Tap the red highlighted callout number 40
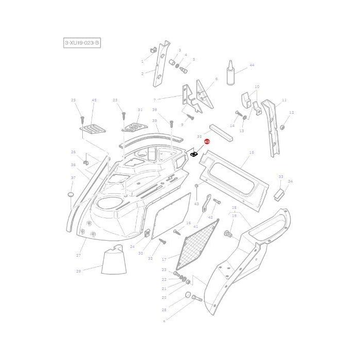point(207,141)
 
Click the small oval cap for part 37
point(71,196)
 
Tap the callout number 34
point(290,182)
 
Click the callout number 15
point(251,153)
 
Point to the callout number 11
point(284,100)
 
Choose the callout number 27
point(79,256)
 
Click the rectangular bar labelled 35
point(221,133)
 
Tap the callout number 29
point(78,271)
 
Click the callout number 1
point(142,61)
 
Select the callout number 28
point(164,310)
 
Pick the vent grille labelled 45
point(93,127)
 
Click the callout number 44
point(251,65)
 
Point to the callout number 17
point(164,259)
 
